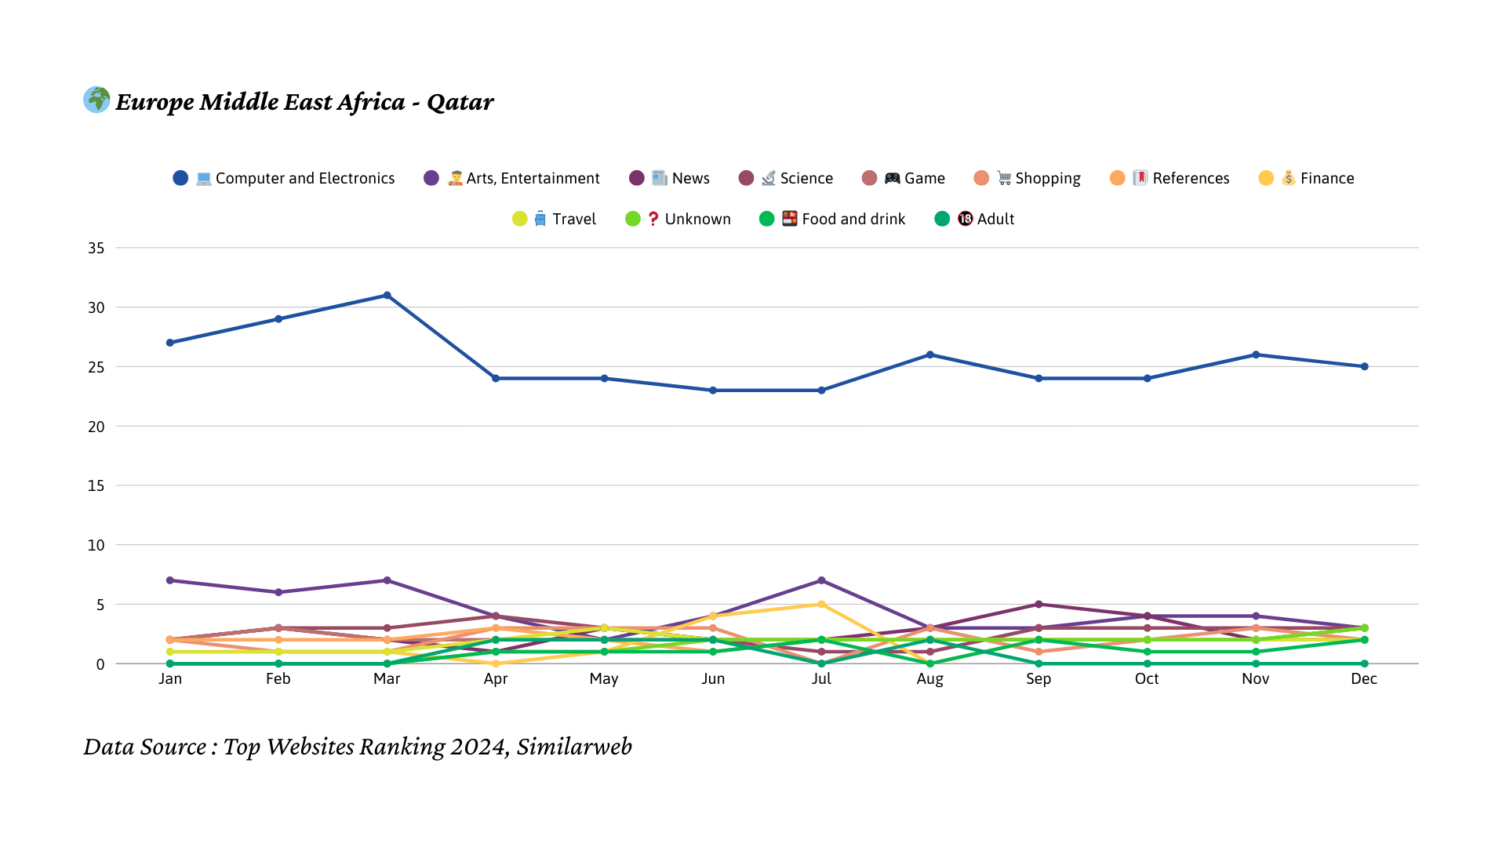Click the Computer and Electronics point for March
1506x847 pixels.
387,296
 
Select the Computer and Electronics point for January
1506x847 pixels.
170,343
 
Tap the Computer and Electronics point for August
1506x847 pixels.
930,354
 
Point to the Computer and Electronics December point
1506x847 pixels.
1365,366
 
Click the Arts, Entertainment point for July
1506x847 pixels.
821,580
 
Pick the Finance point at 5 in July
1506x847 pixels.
821,604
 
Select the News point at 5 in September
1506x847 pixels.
1039,604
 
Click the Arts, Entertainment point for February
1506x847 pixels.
278,592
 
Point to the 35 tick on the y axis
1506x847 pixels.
96,248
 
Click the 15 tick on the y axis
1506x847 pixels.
96,485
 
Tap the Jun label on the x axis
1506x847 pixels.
713,679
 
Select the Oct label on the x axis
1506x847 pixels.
1147,679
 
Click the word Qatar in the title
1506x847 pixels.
460,102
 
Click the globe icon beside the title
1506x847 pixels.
96,100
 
